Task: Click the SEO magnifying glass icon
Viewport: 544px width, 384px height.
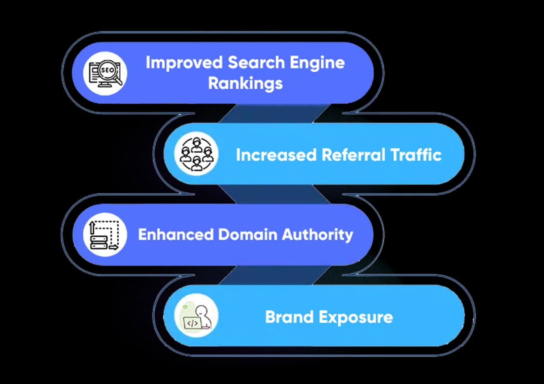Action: click(x=105, y=73)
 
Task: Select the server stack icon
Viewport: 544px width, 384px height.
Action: click(x=105, y=235)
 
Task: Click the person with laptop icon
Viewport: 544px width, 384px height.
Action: click(x=196, y=316)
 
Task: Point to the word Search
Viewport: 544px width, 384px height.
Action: click(x=256, y=63)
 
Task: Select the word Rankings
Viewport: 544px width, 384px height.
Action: click(x=245, y=83)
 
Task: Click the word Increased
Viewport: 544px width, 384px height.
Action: click(x=276, y=155)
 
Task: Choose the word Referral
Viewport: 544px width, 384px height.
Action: click(x=353, y=155)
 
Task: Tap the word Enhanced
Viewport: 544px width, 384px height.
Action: click(x=175, y=235)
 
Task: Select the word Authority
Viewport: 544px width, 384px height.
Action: click(x=317, y=235)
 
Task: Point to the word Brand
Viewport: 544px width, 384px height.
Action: click(x=289, y=317)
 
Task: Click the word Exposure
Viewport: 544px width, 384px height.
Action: click(x=356, y=317)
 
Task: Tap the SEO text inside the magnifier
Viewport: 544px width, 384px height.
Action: click(x=107, y=70)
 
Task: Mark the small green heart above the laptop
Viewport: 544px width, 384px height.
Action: click(x=185, y=307)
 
